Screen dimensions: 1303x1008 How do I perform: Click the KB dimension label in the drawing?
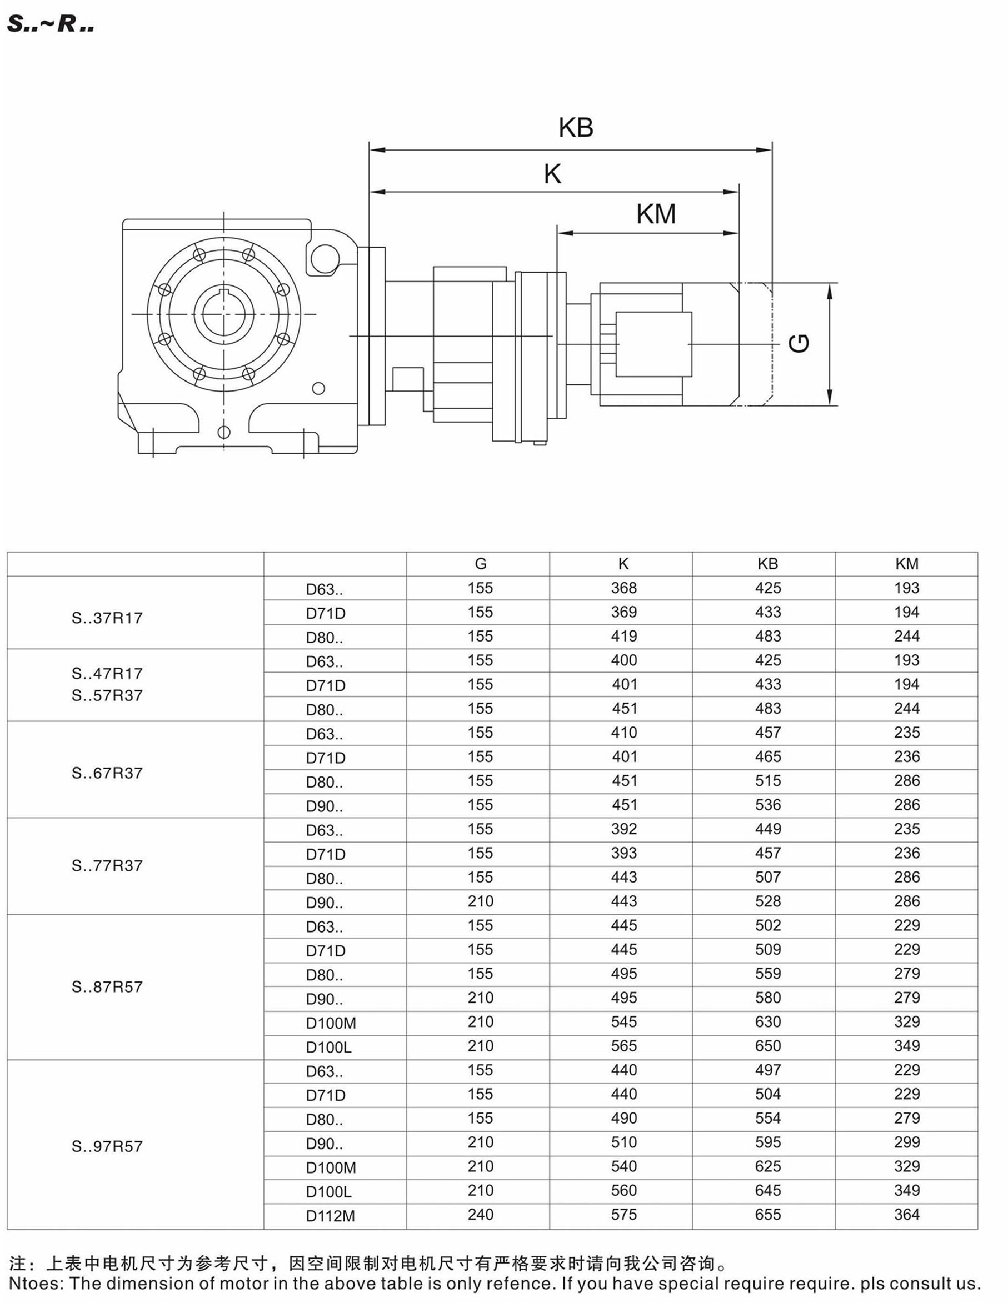576,128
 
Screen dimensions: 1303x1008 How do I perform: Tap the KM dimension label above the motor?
656,214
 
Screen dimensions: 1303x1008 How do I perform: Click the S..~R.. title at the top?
51,24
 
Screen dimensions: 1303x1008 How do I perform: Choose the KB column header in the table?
767,564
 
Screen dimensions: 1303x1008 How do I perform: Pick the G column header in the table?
481,564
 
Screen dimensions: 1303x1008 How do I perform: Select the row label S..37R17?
107,618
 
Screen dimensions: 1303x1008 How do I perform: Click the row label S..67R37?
107,773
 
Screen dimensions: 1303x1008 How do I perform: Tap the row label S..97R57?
107,1146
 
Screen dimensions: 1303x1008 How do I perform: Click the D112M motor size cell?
330,1216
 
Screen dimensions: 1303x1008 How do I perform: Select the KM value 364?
906,1214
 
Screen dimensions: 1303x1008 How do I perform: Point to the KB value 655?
767,1214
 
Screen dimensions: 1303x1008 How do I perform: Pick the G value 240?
481,1214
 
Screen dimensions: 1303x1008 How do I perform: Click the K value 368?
623,588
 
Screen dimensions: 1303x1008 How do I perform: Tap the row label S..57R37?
107,695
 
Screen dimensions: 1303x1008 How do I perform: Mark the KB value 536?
767,805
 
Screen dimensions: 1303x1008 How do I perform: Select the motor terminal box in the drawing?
653,344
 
